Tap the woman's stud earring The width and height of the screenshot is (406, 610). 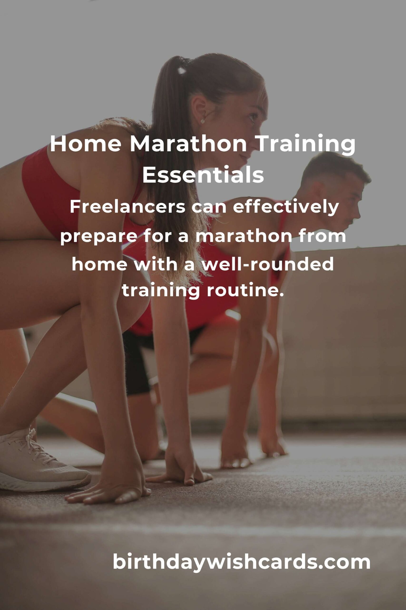click(x=203, y=121)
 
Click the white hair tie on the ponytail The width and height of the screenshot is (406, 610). click(x=182, y=70)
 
